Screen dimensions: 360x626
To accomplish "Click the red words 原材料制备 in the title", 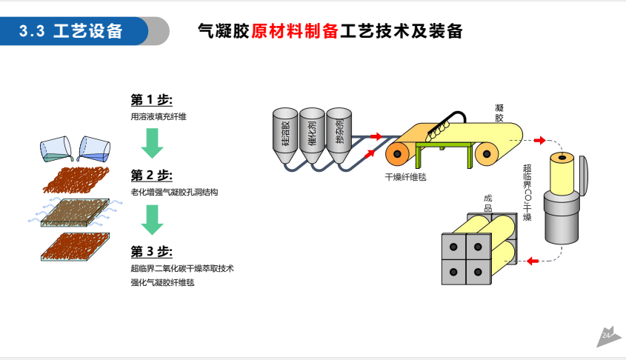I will (x=295, y=31).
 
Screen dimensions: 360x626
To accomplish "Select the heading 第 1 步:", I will (x=151, y=99).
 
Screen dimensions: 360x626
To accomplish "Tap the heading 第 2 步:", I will (x=151, y=176).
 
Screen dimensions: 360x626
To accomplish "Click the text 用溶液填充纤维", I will (x=158, y=116).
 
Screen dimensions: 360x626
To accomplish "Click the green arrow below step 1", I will (x=152, y=142).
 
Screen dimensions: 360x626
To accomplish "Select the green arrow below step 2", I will (x=152, y=219).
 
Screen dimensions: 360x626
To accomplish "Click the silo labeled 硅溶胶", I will (x=285, y=133).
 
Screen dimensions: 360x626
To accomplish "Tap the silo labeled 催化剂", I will (x=312, y=133).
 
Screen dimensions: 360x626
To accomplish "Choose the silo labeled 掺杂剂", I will (x=339, y=133).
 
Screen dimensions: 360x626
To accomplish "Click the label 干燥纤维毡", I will (x=405, y=177).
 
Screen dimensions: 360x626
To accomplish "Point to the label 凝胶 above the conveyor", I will (x=499, y=113).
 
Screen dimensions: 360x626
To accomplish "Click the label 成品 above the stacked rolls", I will (x=487, y=203).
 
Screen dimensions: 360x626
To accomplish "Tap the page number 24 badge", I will (x=607, y=336).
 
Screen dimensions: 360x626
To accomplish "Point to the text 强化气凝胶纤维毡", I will (x=162, y=283).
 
